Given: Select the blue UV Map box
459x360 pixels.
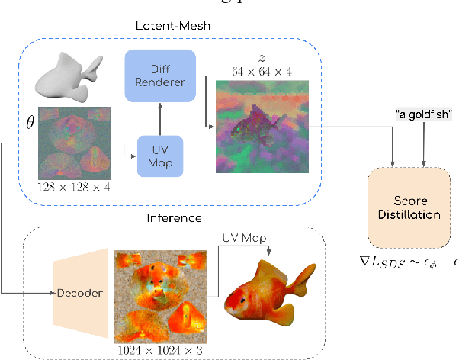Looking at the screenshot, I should coord(160,156).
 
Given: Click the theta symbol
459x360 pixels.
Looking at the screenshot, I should coord(30,122).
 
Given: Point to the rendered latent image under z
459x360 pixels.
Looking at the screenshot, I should coord(263,127).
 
